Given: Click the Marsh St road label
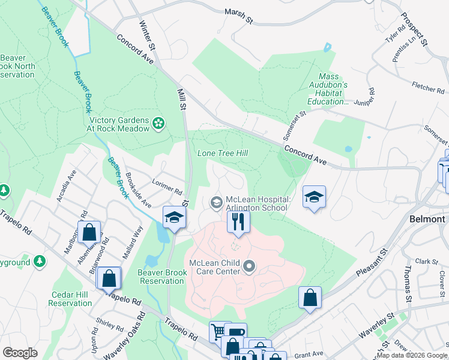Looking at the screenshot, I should (x=238, y=16).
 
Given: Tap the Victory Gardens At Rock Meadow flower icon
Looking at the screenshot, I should (x=158, y=123).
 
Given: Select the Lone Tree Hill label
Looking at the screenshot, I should (x=223, y=154).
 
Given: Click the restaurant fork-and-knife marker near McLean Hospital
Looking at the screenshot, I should (x=238, y=221).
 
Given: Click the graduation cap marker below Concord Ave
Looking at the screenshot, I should (x=314, y=197).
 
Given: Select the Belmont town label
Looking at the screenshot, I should (x=426, y=219).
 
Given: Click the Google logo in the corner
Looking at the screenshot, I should (x=20, y=352).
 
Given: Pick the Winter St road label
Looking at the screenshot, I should (x=147, y=35).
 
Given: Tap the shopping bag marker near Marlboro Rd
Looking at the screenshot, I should (x=89, y=232).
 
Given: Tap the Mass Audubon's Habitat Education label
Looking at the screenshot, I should (x=328, y=89).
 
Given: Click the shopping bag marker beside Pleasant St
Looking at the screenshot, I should (x=310, y=297).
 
